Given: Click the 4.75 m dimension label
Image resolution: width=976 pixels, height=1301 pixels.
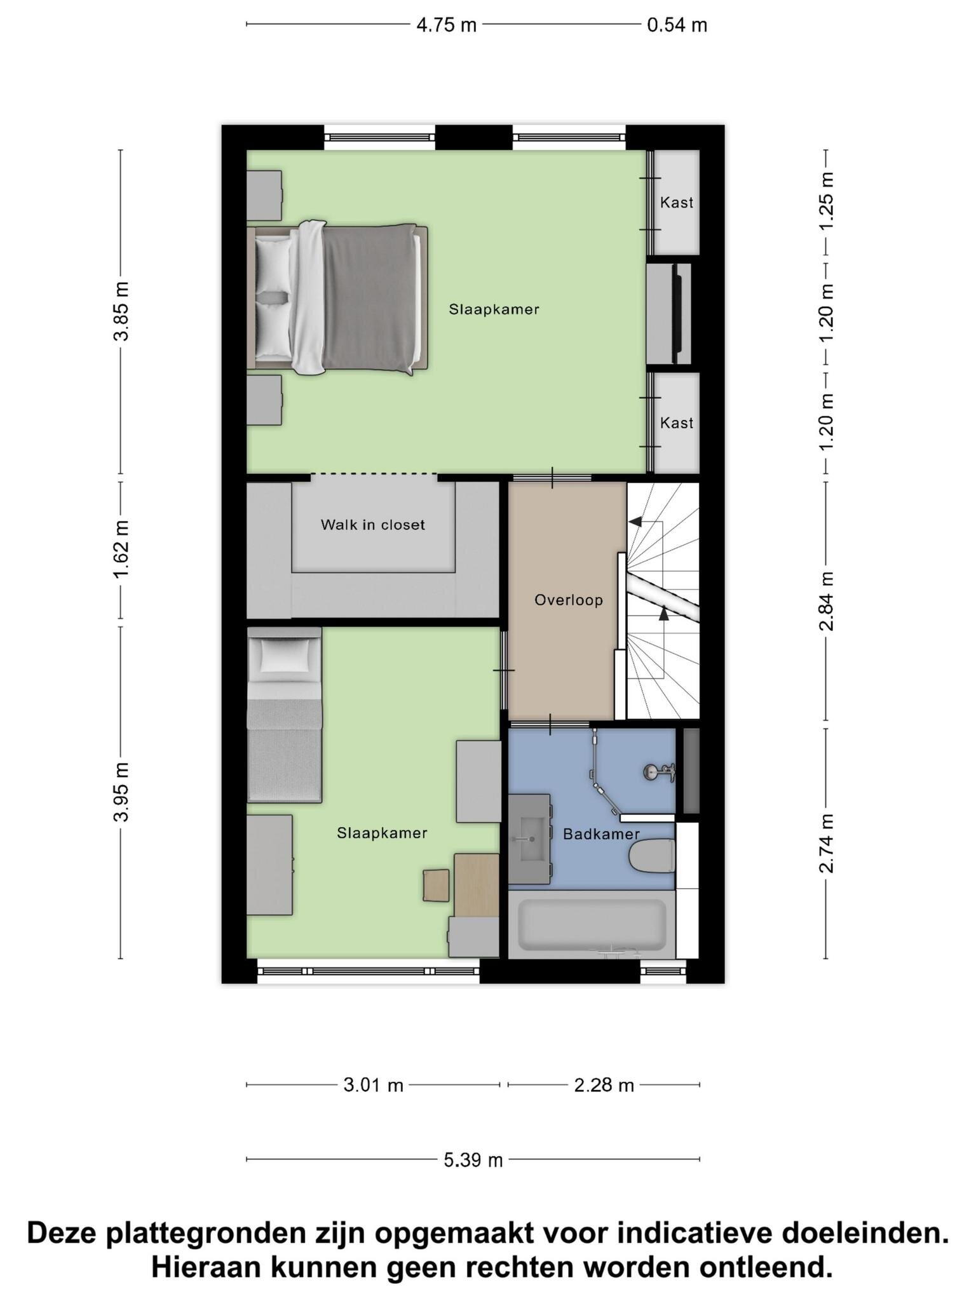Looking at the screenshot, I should [446, 25].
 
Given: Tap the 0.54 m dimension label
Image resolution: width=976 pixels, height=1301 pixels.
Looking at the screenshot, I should [677, 25].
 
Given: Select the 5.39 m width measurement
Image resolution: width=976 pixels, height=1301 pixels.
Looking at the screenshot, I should [473, 1160].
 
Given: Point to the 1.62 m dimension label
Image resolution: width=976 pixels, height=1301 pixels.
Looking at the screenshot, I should [121, 549].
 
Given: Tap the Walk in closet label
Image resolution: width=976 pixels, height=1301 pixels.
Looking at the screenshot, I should [372, 525].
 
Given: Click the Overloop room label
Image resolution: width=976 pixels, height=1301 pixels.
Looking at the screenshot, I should [568, 600].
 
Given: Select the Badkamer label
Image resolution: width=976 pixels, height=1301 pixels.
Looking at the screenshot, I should [600, 834].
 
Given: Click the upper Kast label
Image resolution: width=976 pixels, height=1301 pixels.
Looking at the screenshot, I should [676, 203].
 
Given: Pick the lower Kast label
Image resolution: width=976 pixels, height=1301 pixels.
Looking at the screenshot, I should [676, 423].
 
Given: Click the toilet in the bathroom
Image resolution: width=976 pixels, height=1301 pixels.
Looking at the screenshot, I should [651, 856].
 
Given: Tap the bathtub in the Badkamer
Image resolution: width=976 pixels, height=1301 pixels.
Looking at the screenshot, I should [591, 924].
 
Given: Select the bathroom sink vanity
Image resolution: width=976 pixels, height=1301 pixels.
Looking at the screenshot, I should [529, 839].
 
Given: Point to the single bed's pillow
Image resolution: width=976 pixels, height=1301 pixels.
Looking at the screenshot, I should [285, 656].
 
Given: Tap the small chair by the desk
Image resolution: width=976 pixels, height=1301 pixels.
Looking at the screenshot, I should [436, 885].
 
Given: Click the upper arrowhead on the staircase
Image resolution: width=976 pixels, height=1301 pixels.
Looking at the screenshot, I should [634, 522].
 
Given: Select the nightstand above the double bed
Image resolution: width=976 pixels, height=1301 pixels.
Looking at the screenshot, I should [264, 195].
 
